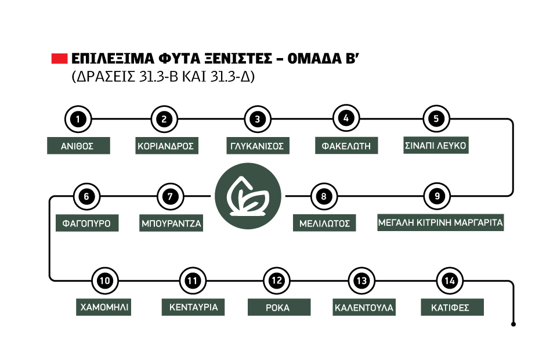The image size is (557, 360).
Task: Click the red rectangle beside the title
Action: pos(60,59)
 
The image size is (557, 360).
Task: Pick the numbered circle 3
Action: pos(257,119)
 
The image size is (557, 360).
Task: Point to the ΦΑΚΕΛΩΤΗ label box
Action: pos(346,146)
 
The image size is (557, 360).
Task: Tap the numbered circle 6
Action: pos(86,196)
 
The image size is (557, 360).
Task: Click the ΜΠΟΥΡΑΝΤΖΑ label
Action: pos(172,223)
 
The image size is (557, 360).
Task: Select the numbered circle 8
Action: pos(323,196)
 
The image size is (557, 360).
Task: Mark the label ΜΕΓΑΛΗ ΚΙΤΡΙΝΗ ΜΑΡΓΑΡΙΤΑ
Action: pos(440,222)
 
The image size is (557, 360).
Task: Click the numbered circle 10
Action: pos(104,281)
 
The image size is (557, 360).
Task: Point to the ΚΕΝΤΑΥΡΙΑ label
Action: pos(193,307)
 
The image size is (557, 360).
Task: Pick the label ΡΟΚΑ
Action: pos(277,307)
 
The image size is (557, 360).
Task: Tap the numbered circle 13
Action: pos(361,281)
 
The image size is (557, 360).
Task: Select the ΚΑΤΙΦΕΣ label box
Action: pos(450,307)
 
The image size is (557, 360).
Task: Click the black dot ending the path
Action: pos(513,325)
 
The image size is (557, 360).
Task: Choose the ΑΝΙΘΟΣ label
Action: pos(78,146)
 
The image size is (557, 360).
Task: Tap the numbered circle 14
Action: pos(449,281)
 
